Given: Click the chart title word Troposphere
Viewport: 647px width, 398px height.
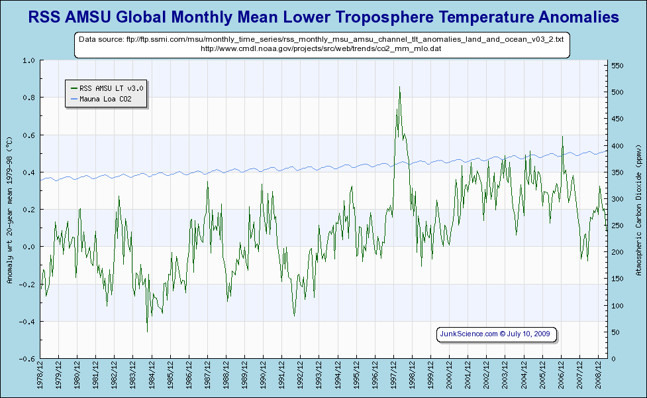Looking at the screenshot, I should pos(402,17).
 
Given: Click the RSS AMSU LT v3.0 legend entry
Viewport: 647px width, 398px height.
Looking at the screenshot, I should pos(111,88).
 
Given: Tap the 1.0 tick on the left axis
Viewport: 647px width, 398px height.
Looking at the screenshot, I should pos(28,60).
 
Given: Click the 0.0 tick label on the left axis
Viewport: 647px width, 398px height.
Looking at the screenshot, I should pos(28,247).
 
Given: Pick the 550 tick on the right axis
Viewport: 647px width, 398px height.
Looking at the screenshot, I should pos(617,66).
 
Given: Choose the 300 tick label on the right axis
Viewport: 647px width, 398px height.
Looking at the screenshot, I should pos(617,199).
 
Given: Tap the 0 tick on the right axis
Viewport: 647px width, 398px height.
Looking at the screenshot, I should pos(613,359).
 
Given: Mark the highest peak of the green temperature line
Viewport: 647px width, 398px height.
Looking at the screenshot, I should pos(399,87).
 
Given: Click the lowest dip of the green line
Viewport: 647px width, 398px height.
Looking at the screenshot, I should pos(147,331).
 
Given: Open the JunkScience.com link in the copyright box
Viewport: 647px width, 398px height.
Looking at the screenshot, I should pos(469,334).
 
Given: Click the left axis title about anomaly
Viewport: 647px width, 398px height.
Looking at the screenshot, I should pos(9,210).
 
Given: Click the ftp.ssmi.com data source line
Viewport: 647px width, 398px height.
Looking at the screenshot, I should pos(321,39).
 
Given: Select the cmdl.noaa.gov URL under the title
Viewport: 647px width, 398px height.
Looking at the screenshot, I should pos(321,48).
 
